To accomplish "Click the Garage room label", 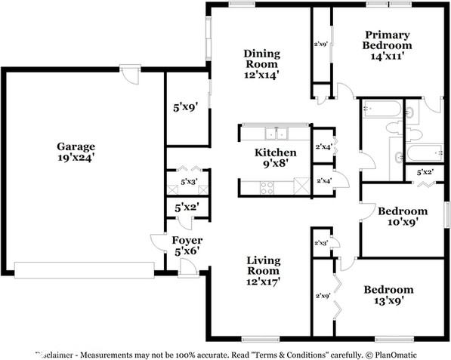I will pos(76,146).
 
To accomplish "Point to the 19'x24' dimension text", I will pos(76,158).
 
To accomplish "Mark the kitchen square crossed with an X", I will pos(301,186).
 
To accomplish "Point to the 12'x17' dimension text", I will pos(262,282).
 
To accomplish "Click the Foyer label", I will pos(182,240).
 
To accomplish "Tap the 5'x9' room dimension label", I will pos(186,108).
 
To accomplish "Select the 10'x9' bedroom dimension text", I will pos(403,222).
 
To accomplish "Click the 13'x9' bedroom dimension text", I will pos(389,302).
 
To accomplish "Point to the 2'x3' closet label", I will pos(320,244).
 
